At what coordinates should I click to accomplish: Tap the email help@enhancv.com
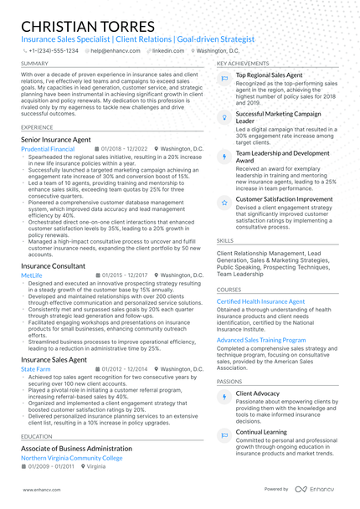pyautogui.click(x=116, y=50)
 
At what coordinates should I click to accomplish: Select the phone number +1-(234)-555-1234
pyautogui.click(x=54, y=50)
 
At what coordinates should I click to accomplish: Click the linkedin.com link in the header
pyautogui.click(x=168, y=50)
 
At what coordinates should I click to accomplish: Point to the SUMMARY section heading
pyautogui.click(x=34, y=64)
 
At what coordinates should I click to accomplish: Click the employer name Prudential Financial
pyautogui.click(x=48, y=149)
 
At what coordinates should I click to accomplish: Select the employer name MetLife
pyautogui.click(x=32, y=275)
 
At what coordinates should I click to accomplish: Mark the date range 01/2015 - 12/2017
pyautogui.click(x=125, y=275)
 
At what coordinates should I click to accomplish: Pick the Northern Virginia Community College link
pyautogui.click(x=71, y=458)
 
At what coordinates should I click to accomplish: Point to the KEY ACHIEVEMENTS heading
pyautogui.click(x=243, y=64)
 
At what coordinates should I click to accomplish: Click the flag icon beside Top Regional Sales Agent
pyautogui.click(x=224, y=78)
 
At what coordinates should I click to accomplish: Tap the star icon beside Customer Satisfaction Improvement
pyautogui.click(x=224, y=203)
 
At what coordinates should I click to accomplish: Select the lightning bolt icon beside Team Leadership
pyautogui.click(x=224, y=157)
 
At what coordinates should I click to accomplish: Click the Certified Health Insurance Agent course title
pyautogui.click(x=260, y=301)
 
